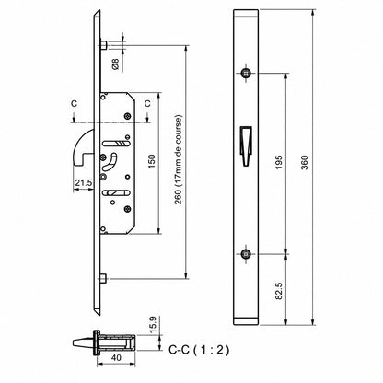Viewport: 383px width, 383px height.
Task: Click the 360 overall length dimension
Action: tap(304, 163)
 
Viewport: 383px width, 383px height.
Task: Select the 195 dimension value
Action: tap(279, 163)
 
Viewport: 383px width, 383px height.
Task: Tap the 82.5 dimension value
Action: tap(279, 291)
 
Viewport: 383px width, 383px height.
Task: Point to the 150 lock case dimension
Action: tap(152, 162)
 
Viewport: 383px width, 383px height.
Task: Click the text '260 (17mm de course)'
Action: tap(178, 159)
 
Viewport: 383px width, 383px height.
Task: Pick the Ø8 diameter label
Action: tap(116, 64)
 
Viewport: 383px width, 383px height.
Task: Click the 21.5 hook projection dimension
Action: tap(84, 183)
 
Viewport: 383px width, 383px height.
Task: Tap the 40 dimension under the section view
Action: tap(116, 357)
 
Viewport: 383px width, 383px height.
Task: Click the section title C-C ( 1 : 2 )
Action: tap(199, 350)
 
